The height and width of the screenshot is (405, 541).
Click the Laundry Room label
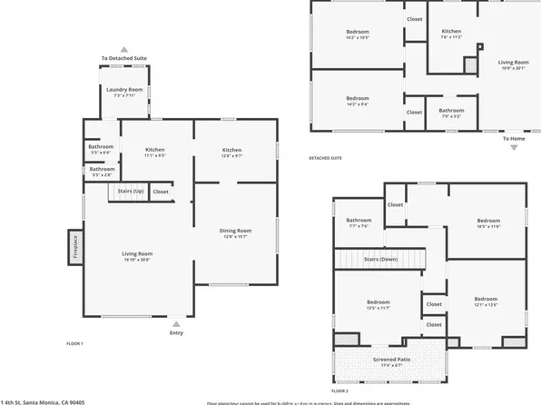(124, 89)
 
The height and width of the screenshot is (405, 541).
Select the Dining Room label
(235, 231)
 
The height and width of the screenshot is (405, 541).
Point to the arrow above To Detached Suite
(124, 50)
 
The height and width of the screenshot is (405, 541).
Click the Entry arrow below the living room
(177, 321)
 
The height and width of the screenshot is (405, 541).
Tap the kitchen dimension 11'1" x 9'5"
(155, 155)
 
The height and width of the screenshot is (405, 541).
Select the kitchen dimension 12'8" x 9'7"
(232, 155)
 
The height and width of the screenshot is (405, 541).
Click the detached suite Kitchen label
(451, 32)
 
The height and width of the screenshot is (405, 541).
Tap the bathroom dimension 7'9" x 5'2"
(451, 116)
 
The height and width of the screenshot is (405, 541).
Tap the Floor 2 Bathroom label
(359, 220)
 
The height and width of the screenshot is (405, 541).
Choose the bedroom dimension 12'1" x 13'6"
(486, 304)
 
